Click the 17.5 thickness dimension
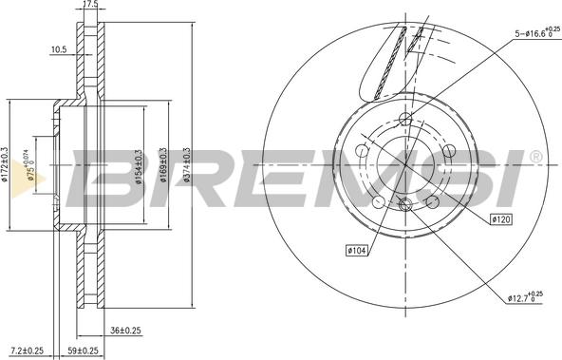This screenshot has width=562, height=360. (92, 6)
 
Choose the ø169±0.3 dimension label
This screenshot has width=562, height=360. (163, 162)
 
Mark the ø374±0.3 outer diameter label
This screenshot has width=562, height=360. (187, 162)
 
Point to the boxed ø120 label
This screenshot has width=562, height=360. (500, 219)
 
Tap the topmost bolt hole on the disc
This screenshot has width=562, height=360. (406, 119)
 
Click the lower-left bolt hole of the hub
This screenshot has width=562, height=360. (379, 201)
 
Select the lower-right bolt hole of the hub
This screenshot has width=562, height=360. (434, 201)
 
